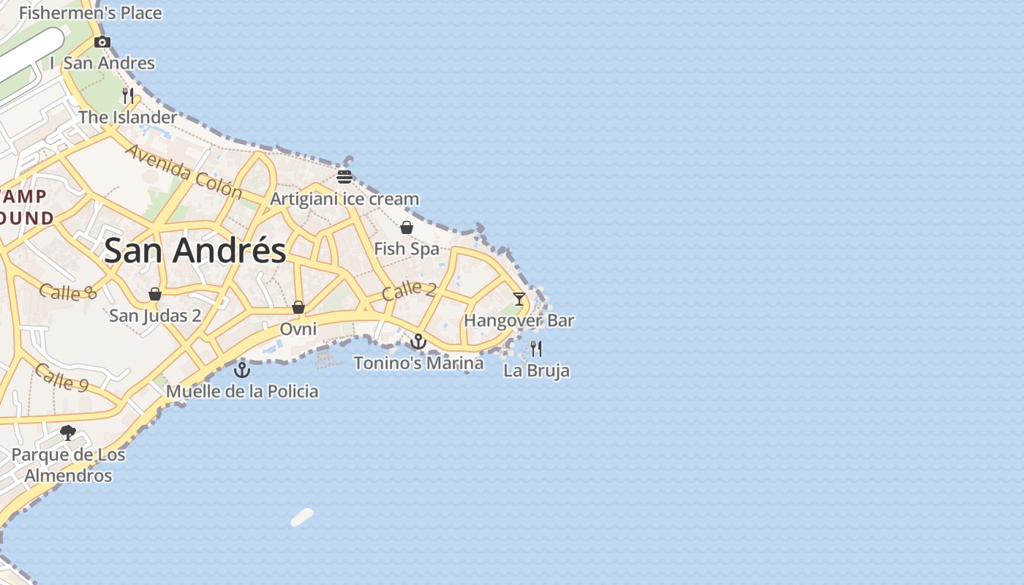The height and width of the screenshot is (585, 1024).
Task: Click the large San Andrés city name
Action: pos(195,251)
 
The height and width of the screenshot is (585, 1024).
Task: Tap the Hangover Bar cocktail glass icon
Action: pos(519,298)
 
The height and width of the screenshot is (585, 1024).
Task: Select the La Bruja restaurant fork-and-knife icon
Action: pos(536,348)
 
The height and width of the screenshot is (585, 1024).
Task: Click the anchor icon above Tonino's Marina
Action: pos(418,341)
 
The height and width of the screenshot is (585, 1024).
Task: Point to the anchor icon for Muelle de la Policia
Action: pos(241,370)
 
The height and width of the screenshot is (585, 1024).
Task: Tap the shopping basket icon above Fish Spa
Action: pos(407,227)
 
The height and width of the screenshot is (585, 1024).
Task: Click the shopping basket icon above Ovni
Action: pos(298,307)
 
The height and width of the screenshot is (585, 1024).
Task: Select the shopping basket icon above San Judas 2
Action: pos(155,294)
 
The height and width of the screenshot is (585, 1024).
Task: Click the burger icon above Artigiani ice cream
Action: pos(345,176)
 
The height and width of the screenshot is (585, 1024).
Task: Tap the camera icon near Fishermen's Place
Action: pos(102,42)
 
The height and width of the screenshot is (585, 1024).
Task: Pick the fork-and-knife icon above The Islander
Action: pos(128,95)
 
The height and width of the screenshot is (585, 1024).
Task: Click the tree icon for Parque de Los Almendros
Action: pos(68,433)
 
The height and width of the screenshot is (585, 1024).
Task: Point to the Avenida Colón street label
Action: pos(184,172)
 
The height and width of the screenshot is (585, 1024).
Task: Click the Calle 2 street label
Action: pos(408,290)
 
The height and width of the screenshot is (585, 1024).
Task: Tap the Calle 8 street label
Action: pos(67,292)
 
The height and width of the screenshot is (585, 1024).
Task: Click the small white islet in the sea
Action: pos(302,517)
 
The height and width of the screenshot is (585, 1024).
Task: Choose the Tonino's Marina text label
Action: pos(418,363)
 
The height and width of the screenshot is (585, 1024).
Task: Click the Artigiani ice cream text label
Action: pos(345,199)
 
